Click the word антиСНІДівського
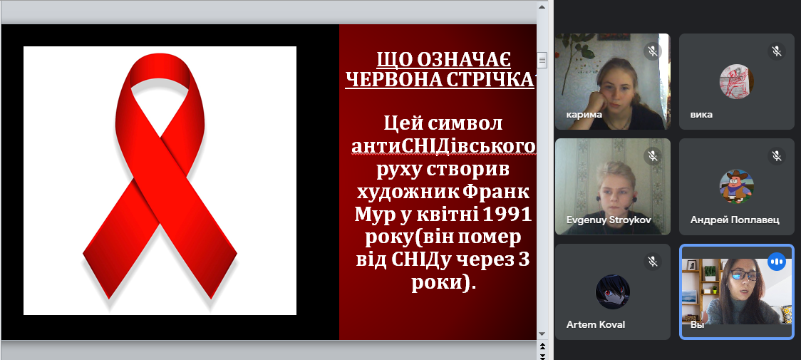443,146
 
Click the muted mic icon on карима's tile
652,51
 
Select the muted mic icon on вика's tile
777,51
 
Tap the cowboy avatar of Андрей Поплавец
736,186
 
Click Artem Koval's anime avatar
612,292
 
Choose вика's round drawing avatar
736,81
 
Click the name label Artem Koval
596,325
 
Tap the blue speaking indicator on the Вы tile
777,262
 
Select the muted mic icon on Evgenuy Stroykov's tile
652,157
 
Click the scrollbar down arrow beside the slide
542,334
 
